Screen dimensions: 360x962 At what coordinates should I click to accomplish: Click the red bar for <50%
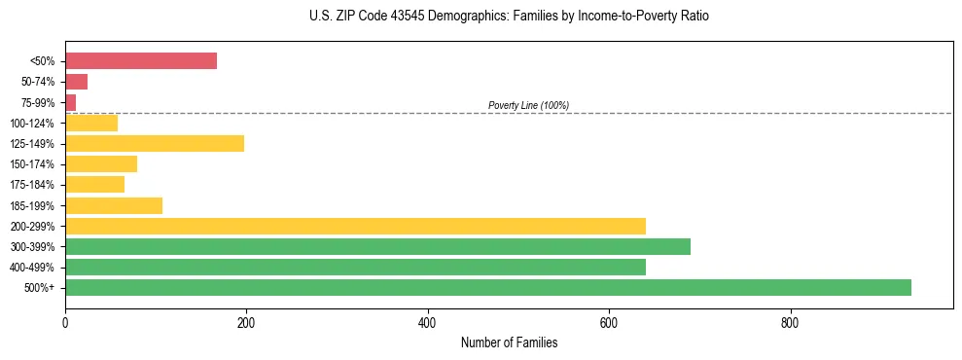141,60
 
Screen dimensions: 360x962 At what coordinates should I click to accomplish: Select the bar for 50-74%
77,82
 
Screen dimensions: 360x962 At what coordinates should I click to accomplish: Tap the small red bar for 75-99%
71,102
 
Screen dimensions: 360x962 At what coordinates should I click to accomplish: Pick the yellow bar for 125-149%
155,143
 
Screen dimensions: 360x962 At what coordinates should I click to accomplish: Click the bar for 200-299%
355,226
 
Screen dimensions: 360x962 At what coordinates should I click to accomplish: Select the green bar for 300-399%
377,246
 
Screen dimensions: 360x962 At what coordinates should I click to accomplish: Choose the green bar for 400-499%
355,267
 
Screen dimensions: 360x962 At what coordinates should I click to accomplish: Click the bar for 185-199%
114,205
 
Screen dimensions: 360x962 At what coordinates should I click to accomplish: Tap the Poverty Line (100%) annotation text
528,105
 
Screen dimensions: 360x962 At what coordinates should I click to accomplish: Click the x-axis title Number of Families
509,342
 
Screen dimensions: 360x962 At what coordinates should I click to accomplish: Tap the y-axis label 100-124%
32,123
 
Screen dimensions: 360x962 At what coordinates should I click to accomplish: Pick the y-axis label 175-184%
32,185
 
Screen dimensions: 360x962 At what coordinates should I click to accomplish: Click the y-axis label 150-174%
32,164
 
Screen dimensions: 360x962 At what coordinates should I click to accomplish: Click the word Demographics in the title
476,17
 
